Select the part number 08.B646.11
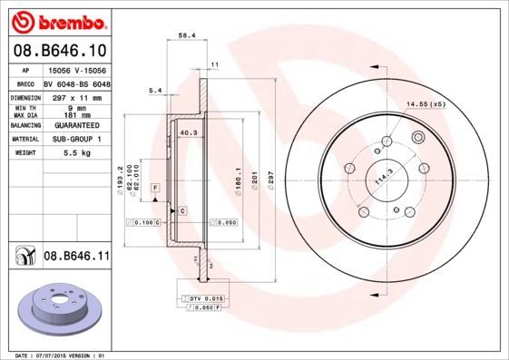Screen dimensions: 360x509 [x=75, y=258]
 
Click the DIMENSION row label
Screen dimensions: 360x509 [x=25, y=95]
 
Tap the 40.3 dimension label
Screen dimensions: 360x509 [x=189, y=133]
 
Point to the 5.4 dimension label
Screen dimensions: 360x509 [x=154, y=90]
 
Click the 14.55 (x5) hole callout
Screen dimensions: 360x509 [x=426, y=105]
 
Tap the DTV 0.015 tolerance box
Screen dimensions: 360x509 [x=205, y=298]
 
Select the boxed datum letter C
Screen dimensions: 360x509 [x=182, y=210]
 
